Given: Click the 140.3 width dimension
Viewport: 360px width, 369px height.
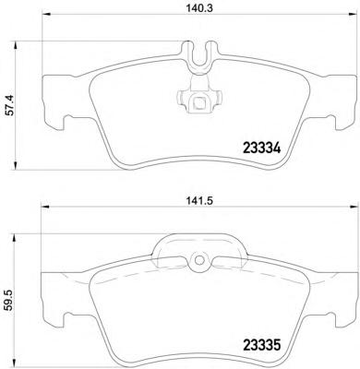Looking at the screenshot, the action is point(199,8).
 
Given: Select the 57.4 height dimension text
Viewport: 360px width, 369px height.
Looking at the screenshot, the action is point(10,105).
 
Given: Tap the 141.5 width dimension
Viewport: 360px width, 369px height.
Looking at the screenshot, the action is point(199,201).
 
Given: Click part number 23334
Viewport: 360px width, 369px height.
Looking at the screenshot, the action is point(262,149).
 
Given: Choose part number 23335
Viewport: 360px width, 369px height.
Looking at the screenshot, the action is point(262,345).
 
